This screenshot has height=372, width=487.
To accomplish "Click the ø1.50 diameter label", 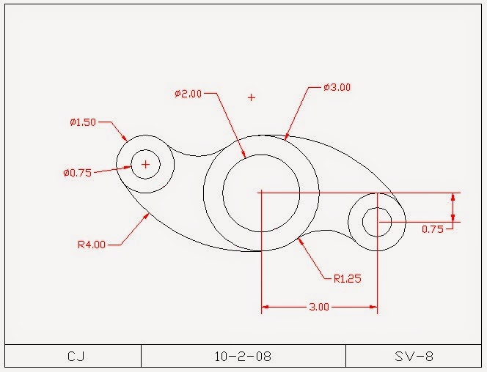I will [83, 122].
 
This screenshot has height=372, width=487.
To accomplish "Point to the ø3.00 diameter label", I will [337, 87].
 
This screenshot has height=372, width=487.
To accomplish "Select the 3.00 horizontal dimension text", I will [318, 308].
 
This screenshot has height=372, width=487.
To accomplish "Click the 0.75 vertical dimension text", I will [433, 228].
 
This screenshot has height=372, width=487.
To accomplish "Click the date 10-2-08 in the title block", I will [243, 357].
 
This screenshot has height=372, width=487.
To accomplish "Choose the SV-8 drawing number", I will [414, 357].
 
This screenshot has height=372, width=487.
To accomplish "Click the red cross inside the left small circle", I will [145, 164].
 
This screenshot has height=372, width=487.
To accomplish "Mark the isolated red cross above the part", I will [252, 97].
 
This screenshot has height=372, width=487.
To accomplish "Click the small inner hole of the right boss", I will [376, 221].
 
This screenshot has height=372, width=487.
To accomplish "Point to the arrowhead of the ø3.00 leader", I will [287, 136].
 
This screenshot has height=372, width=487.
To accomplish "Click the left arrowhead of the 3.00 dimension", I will [265, 308].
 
